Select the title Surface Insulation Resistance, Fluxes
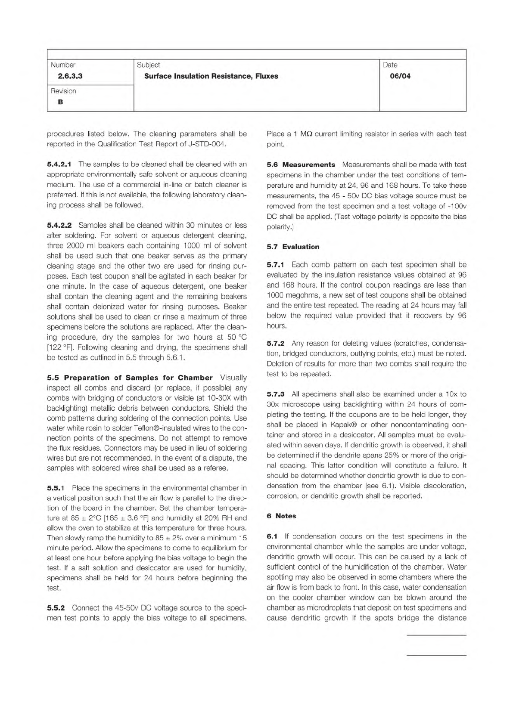211,76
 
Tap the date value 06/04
400,76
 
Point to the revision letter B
60,102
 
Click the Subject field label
148,65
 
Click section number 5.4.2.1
59,164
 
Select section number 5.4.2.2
59,225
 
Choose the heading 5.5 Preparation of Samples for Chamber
130,378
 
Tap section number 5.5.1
56,488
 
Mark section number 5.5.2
56,608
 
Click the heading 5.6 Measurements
301,164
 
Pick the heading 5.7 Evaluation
293,247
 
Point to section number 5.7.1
276,264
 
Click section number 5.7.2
276,343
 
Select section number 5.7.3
276,394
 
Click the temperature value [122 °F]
62,347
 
